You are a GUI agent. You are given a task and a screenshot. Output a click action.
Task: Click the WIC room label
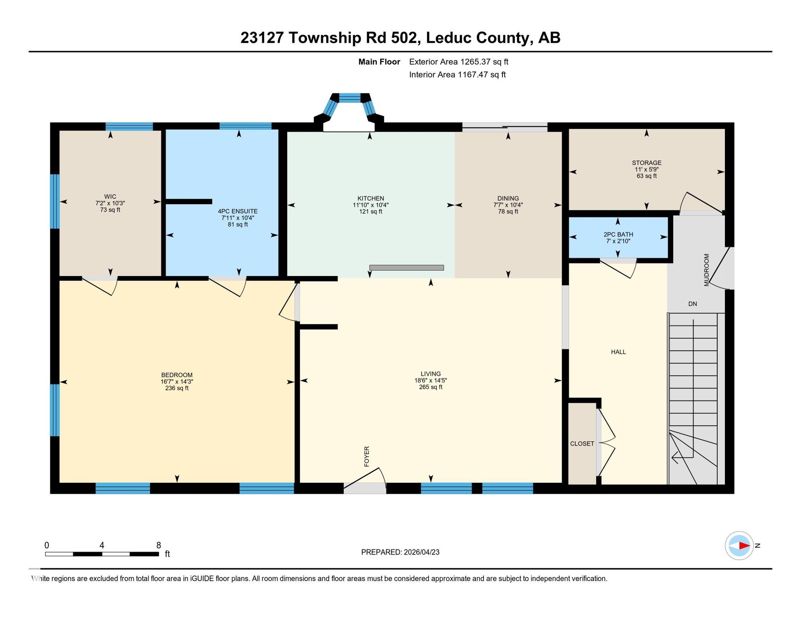[110, 197]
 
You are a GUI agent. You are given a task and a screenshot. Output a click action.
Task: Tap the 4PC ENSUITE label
[237, 211]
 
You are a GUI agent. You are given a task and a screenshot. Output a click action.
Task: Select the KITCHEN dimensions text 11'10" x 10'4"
[370, 205]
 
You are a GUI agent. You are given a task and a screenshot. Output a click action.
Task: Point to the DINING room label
[508, 198]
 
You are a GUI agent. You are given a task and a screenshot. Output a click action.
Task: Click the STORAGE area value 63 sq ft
[646, 176]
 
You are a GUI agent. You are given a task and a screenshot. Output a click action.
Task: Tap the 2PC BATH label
[618, 235]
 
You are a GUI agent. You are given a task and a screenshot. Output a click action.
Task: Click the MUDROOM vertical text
[706, 270]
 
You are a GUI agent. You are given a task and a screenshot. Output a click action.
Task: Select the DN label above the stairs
[692, 304]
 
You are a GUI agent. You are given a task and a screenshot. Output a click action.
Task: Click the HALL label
[618, 352]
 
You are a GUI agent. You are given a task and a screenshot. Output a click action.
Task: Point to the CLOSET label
[582, 444]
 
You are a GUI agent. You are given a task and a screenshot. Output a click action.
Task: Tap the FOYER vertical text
[367, 456]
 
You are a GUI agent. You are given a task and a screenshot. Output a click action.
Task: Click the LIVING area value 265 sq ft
[430, 387]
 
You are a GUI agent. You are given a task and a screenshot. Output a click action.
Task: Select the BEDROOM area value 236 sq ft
[176, 388]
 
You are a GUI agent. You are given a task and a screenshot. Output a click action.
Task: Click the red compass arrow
[744, 546]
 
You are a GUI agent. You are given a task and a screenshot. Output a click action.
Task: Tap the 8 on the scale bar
[158, 545]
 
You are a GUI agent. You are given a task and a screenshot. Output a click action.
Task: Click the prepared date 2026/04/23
[421, 552]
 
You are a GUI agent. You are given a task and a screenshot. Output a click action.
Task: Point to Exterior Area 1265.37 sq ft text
[459, 62]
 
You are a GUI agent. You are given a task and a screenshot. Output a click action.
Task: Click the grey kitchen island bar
[406, 268]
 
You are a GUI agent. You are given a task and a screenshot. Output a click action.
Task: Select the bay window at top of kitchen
[349, 98]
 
